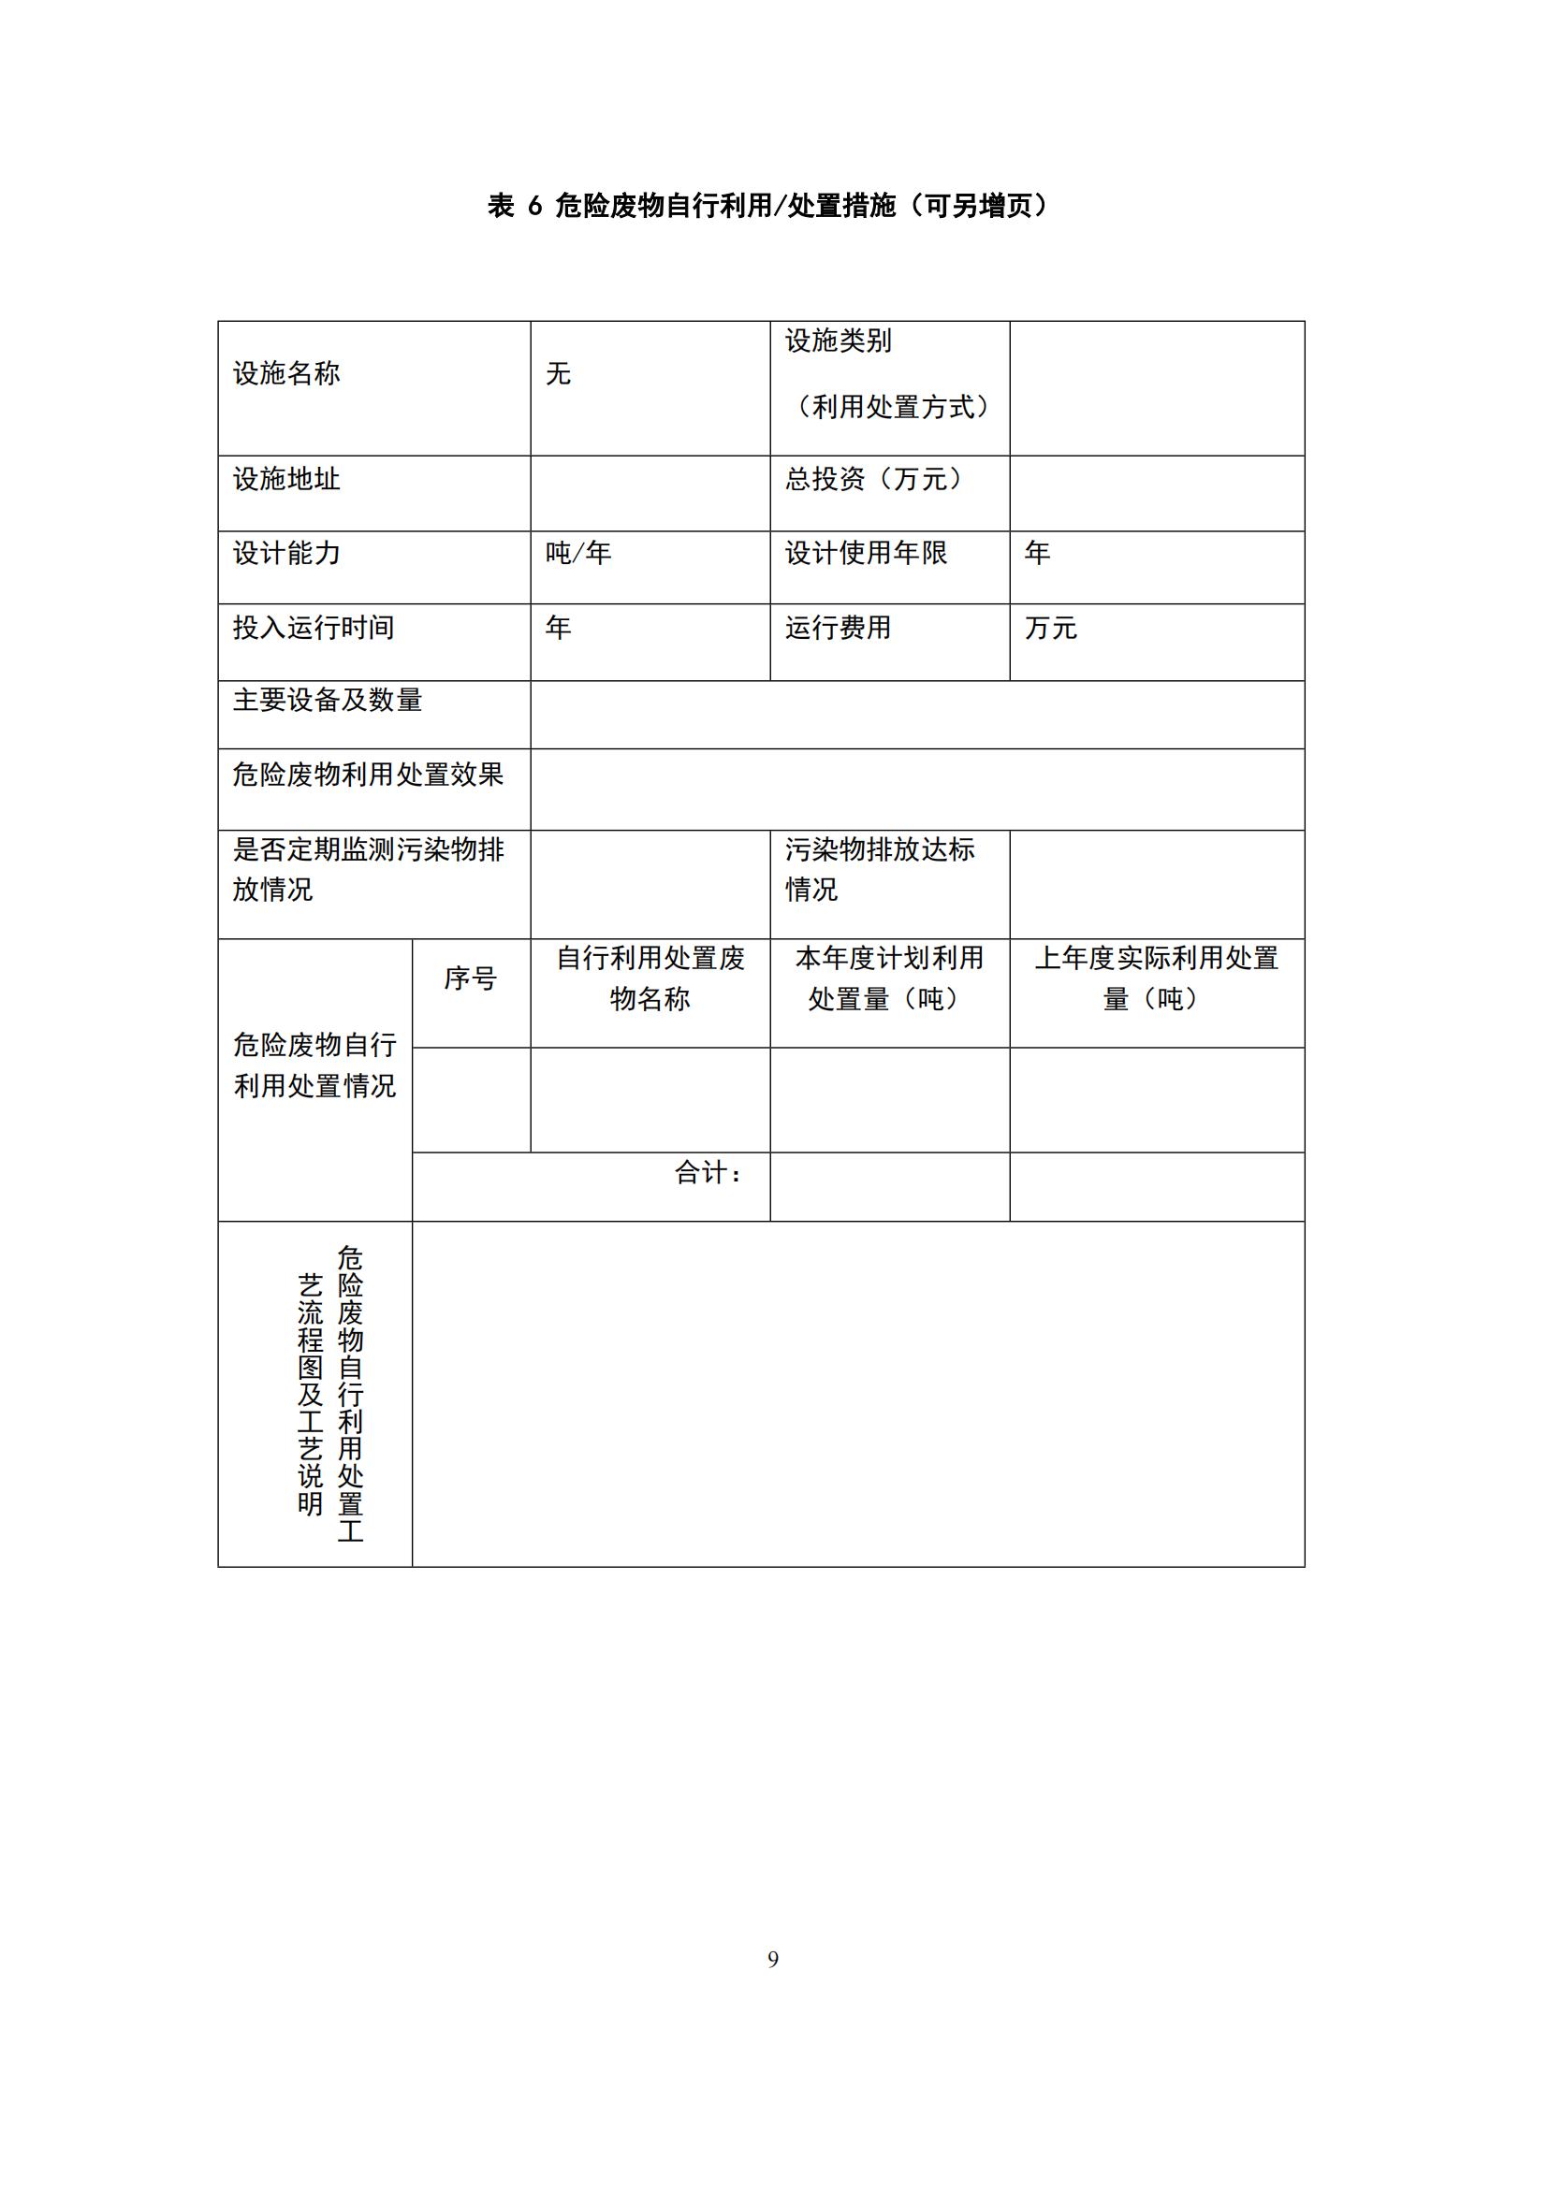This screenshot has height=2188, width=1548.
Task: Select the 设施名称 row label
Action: [x=286, y=373]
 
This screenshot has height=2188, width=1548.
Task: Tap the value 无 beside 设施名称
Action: [x=558, y=373]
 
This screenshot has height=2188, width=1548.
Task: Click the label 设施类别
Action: [x=838, y=341]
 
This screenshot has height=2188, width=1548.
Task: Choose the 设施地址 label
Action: [x=286, y=479]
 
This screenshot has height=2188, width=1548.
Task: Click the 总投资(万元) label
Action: [x=872, y=479]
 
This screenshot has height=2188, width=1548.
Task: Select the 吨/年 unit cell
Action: [x=577, y=554]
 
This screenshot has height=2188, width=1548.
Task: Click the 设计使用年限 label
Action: [x=866, y=554]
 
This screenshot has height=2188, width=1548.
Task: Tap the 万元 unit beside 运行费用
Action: [x=1050, y=628]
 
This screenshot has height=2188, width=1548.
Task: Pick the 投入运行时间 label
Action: [x=313, y=628]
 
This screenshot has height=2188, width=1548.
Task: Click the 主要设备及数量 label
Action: [x=327, y=701]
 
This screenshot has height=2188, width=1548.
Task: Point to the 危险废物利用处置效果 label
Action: [x=367, y=775]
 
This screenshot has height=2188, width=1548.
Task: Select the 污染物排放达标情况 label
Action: [x=879, y=869]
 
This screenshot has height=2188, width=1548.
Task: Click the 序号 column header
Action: [x=470, y=978]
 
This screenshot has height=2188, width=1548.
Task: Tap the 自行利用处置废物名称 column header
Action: [x=650, y=978]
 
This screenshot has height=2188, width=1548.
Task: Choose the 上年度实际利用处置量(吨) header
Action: [x=1156, y=978]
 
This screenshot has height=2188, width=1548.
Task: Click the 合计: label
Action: [x=708, y=1173]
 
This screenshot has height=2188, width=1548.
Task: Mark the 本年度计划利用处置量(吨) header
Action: [x=888, y=978]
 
